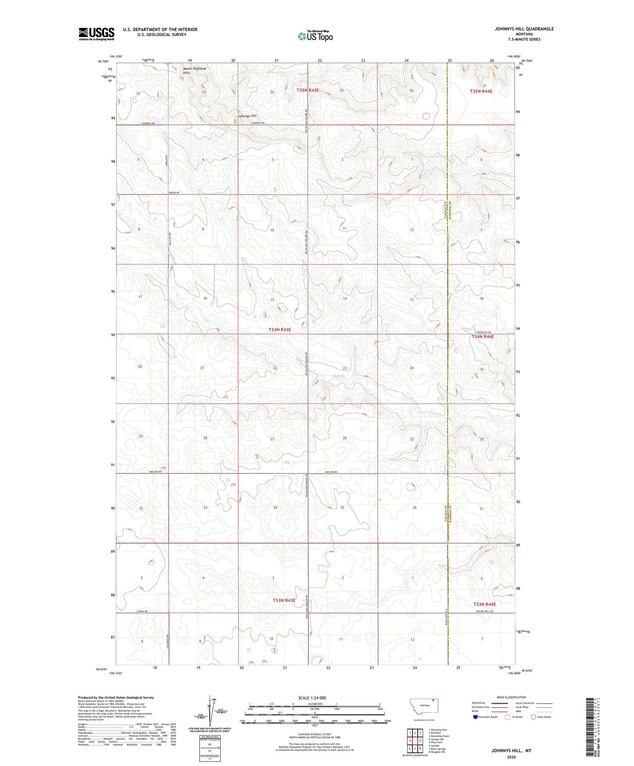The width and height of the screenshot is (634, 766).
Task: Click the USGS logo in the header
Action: tap(97, 34)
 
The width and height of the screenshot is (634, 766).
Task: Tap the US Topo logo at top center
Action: tap(315, 36)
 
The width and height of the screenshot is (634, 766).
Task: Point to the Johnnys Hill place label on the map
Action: tap(247, 116)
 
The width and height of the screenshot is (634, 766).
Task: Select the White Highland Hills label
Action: tap(194, 71)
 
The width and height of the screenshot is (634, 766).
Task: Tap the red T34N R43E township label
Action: tap(279, 329)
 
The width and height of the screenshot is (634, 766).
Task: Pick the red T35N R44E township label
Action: tap(481, 91)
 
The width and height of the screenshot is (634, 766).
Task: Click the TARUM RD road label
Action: tap(174, 193)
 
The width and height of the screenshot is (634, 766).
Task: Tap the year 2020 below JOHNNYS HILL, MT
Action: tap(511, 757)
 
